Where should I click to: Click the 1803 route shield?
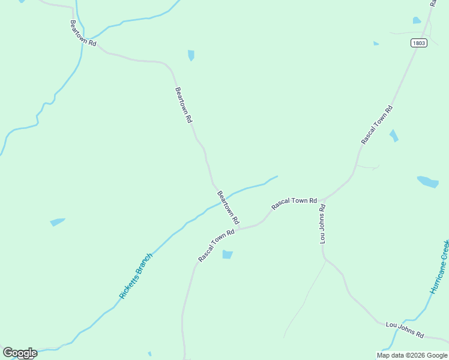[419, 43]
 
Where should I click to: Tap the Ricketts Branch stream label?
[136, 276]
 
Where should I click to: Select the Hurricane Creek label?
[440, 266]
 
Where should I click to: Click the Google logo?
[20, 353]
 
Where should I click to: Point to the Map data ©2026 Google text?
[412, 355]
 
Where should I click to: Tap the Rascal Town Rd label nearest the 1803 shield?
[377, 125]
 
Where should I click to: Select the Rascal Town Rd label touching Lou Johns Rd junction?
[294, 203]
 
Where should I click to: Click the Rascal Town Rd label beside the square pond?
[216, 247]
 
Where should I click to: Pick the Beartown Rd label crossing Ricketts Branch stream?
[228, 207]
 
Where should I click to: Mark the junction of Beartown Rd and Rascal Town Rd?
[239, 228]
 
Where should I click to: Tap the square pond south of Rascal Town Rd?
[227, 254]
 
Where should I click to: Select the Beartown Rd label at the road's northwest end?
[83, 34]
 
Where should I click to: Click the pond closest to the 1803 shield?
[417, 20]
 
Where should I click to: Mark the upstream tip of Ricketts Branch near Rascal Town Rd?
[277, 176]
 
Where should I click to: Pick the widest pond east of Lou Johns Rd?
[428, 181]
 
